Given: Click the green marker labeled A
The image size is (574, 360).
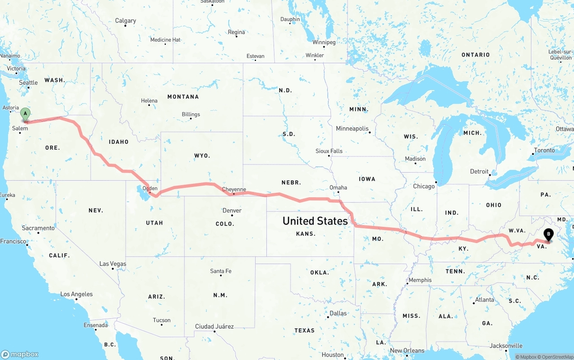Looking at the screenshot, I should pyautogui.click(x=26, y=114).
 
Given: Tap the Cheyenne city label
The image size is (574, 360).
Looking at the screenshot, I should pyautogui.click(x=234, y=190).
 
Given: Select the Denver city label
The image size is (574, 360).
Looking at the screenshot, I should pyautogui.click(x=232, y=210).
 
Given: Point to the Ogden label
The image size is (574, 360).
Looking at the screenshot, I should pyautogui.click(x=150, y=188).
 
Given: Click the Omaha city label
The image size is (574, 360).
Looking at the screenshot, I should pyautogui.click(x=338, y=187).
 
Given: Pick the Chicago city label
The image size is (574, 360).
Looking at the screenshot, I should pyautogui.click(x=424, y=186).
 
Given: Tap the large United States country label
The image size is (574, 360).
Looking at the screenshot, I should pyautogui.click(x=315, y=221).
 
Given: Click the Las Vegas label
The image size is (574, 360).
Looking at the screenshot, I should pyautogui.click(x=113, y=264).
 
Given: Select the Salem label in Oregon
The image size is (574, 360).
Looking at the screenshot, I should pyautogui.click(x=20, y=128).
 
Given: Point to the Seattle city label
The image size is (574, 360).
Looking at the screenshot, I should pyautogui.click(x=28, y=82).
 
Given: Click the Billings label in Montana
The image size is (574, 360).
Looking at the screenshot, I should pyautogui.click(x=191, y=114).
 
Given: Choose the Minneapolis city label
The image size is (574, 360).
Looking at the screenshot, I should pyautogui.click(x=352, y=129).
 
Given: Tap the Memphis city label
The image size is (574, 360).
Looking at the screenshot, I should pyautogui.click(x=420, y=280).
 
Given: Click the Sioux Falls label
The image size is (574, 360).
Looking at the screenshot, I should pyautogui.click(x=329, y=151).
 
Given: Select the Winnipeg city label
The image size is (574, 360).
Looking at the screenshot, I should pyautogui.click(x=324, y=42).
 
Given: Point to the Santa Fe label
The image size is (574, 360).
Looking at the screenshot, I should pyautogui.click(x=221, y=271).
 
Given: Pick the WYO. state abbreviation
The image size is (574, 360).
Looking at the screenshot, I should pyautogui.click(x=202, y=156).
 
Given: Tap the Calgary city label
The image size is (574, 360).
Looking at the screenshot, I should pyautogui.click(x=126, y=21).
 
